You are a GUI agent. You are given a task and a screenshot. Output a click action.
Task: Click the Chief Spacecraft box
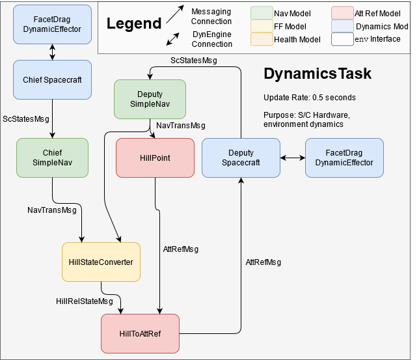52,80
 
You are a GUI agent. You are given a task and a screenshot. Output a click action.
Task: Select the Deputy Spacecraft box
241,158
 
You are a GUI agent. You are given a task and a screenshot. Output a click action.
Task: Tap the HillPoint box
155,158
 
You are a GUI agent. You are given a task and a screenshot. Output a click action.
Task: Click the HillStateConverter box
101,262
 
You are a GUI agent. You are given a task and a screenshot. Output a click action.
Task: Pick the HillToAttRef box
140,333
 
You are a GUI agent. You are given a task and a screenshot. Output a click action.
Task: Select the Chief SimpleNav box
52,158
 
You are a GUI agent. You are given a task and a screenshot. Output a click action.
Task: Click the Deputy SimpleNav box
150,100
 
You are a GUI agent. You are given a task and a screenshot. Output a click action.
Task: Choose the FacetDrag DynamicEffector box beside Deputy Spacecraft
344,158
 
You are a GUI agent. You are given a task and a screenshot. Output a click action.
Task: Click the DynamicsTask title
318,74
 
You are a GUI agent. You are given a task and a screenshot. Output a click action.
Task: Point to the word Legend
134,24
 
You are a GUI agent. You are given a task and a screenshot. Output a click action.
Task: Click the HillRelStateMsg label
85,301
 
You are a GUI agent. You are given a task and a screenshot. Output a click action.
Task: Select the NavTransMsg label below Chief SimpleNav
52,210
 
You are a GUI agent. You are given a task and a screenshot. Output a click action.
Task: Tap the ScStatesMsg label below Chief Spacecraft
26,119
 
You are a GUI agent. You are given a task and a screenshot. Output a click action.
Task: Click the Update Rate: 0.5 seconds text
310,98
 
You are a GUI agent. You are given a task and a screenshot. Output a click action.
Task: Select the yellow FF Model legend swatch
261,26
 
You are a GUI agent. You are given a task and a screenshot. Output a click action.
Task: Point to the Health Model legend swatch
261,40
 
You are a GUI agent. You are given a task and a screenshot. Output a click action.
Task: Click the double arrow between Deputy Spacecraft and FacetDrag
293,158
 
